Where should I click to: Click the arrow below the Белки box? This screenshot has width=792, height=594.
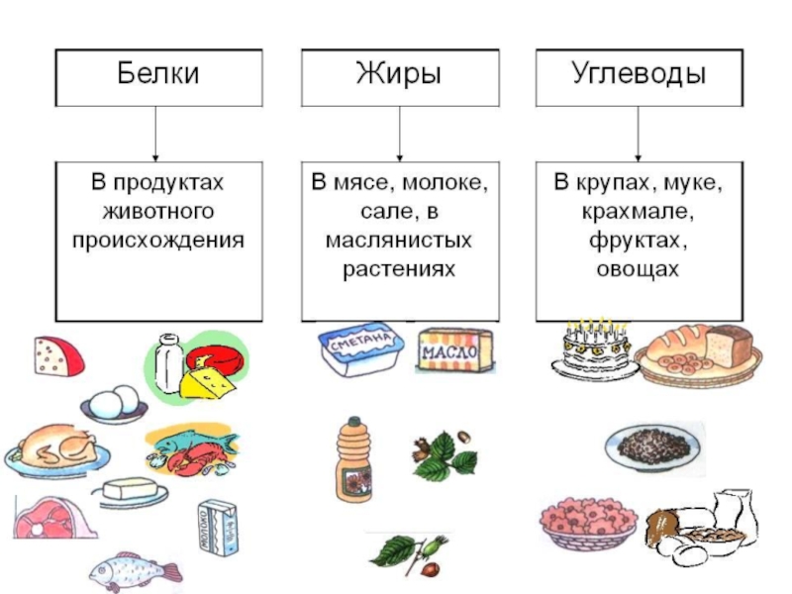tap(156, 134)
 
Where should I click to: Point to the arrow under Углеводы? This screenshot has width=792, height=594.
tap(638, 134)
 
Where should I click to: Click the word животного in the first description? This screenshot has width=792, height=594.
tap(158, 211)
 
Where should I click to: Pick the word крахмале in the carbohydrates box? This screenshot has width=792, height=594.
tap(638, 211)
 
